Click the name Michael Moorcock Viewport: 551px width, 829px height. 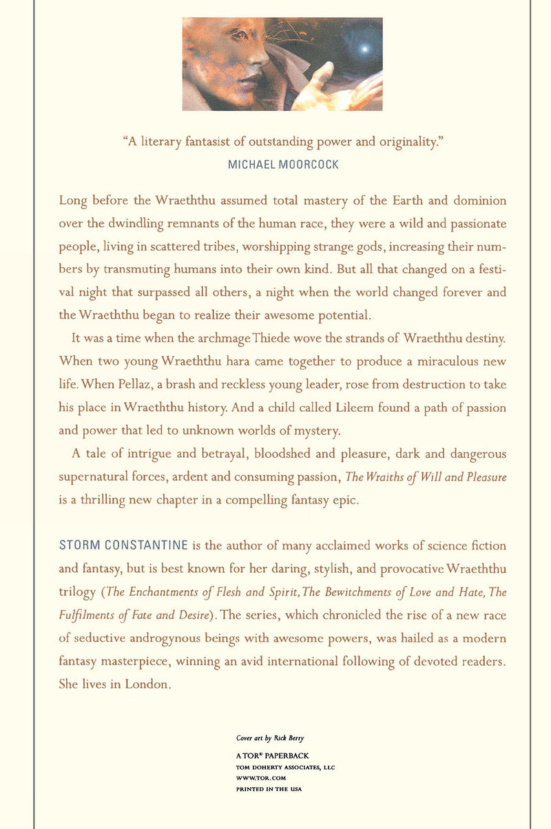click(282, 165)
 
